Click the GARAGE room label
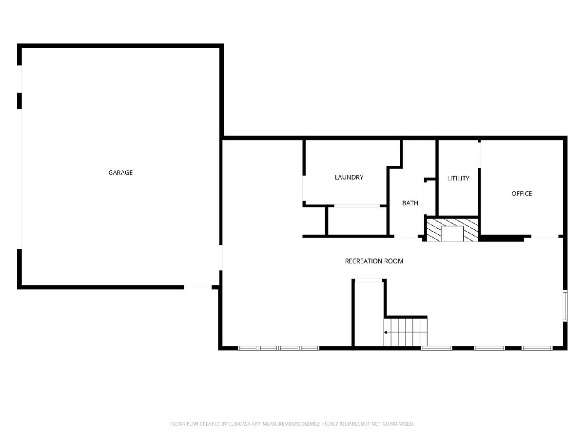tap(120, 173)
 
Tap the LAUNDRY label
tap(349, 177)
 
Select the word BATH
tap(410, 203)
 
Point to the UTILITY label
tap(458, 179)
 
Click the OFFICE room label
tap(521, 194)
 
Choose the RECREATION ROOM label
tap(373, 261)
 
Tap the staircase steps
tap(405, 332)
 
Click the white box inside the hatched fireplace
tap(452, 234)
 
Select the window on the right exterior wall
tap(565, 306)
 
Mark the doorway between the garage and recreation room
tap(221, 258)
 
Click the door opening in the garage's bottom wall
tap(198, 287)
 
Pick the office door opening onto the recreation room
tap(545, 237)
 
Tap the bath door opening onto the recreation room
tap(406, 237)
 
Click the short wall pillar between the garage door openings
tap(19, 101)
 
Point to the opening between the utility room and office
tap(479, 155)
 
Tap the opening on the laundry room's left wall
tap(304, 188)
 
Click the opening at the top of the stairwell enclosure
tap(369, 280)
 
